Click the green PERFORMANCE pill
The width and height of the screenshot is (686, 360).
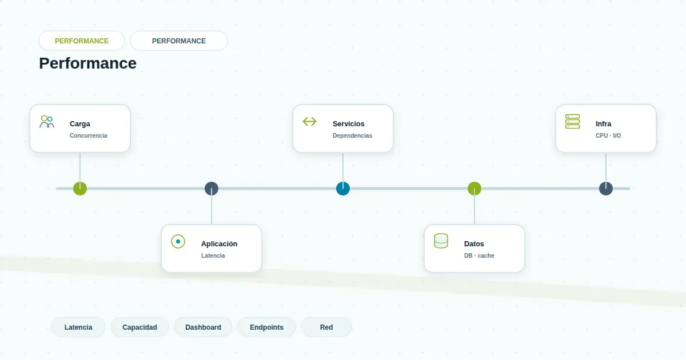[82, 41]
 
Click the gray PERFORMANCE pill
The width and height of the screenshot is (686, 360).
[179, 41]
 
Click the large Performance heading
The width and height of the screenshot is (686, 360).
[88, 63]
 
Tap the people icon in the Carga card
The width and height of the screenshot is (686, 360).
[47, 122]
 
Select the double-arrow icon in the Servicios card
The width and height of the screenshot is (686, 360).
[309, 122]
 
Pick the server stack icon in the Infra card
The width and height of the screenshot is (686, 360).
[572, 122]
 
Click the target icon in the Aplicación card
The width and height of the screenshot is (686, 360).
[178, 242]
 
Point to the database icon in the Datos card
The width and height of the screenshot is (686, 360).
[441, 241]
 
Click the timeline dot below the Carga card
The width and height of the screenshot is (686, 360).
[80, 189]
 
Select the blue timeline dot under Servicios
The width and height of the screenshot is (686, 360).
[343, 189]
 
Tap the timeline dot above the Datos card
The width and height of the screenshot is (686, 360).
[474, 189]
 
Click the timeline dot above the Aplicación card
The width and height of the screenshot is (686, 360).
[212, 189]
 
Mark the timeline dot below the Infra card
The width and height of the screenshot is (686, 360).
[606, 189]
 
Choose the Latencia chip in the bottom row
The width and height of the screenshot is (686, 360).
[78, 327]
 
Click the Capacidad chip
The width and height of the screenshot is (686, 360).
[139, 327]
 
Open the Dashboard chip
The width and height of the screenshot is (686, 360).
[203, 327]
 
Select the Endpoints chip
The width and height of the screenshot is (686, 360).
[267, 327]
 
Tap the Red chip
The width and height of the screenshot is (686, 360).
[326, 327]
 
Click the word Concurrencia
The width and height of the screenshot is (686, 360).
[89, 135]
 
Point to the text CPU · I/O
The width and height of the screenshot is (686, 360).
[608, 135]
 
